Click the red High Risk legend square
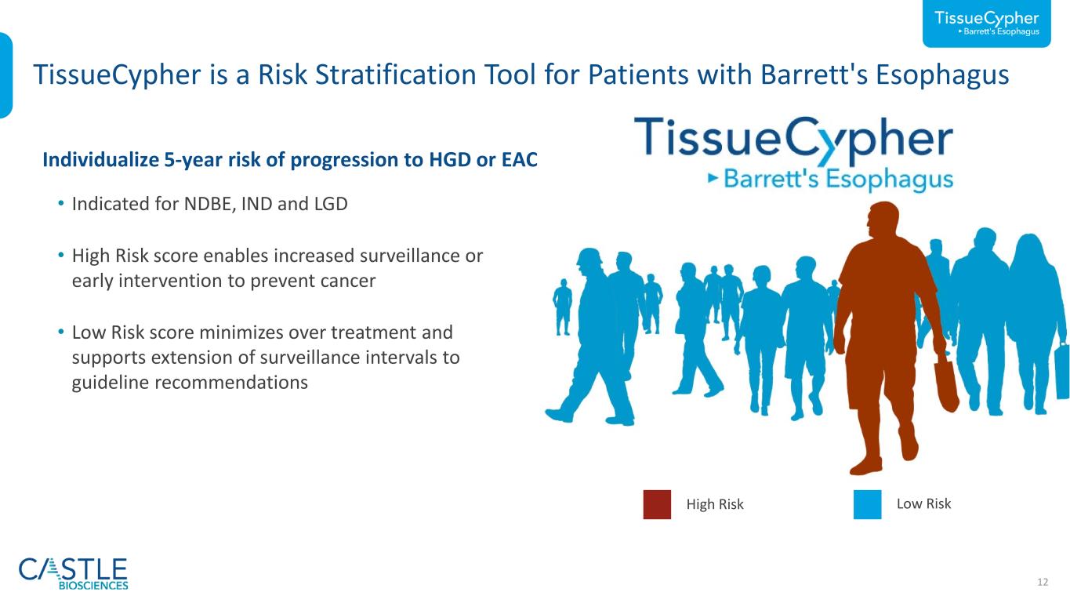657,504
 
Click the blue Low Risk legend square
867,504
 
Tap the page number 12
1043,582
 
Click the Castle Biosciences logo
74,573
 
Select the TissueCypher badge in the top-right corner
986,24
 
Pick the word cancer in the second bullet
348,282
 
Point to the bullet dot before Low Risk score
60,331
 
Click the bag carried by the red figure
946,385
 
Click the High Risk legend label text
715,504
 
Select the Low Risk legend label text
924,503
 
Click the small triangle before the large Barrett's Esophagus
713,178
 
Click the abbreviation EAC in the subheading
519,160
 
